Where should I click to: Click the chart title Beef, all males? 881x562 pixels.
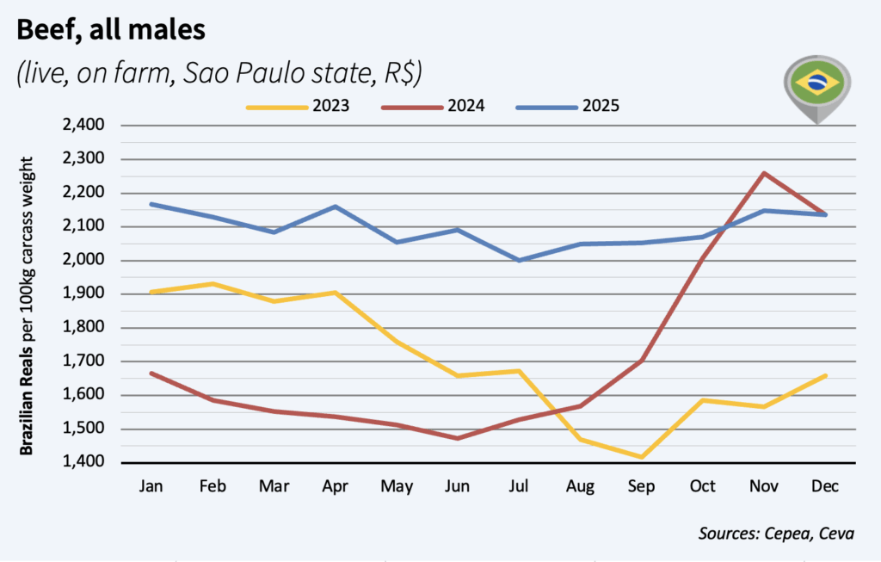(x=111, y=31)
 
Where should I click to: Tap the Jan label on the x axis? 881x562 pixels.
(x=151, y=486)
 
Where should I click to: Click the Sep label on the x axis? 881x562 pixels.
(x=641, y=486)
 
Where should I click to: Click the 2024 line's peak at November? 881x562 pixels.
(x=763, y=173)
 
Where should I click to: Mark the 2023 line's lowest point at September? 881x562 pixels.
(x=641, y=457)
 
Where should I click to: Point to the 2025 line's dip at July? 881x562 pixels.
(x=519, y=260)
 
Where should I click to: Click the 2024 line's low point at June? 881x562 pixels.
(x=458, y=438)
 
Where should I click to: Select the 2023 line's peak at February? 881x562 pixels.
(x=213, y=283)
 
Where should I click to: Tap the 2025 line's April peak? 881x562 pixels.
(x=335, y=207)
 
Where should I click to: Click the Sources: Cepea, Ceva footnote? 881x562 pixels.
(x=776, y=534)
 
